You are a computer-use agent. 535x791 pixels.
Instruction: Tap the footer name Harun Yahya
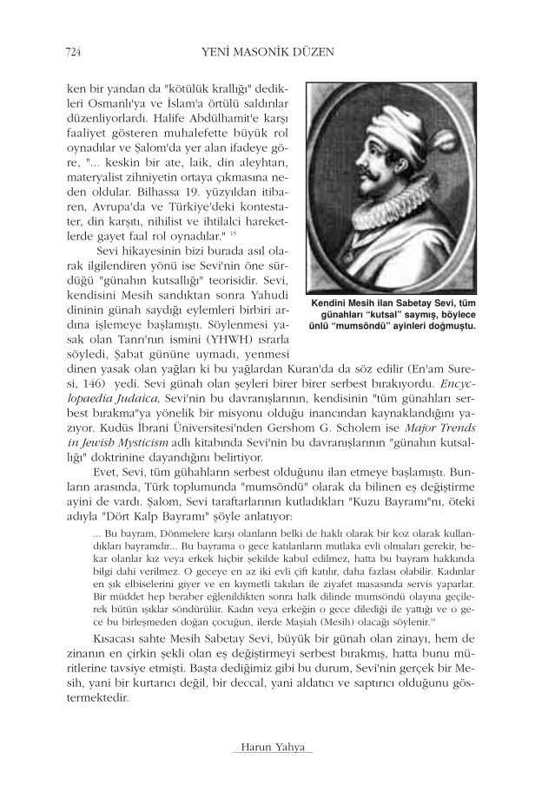[267, 748]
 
